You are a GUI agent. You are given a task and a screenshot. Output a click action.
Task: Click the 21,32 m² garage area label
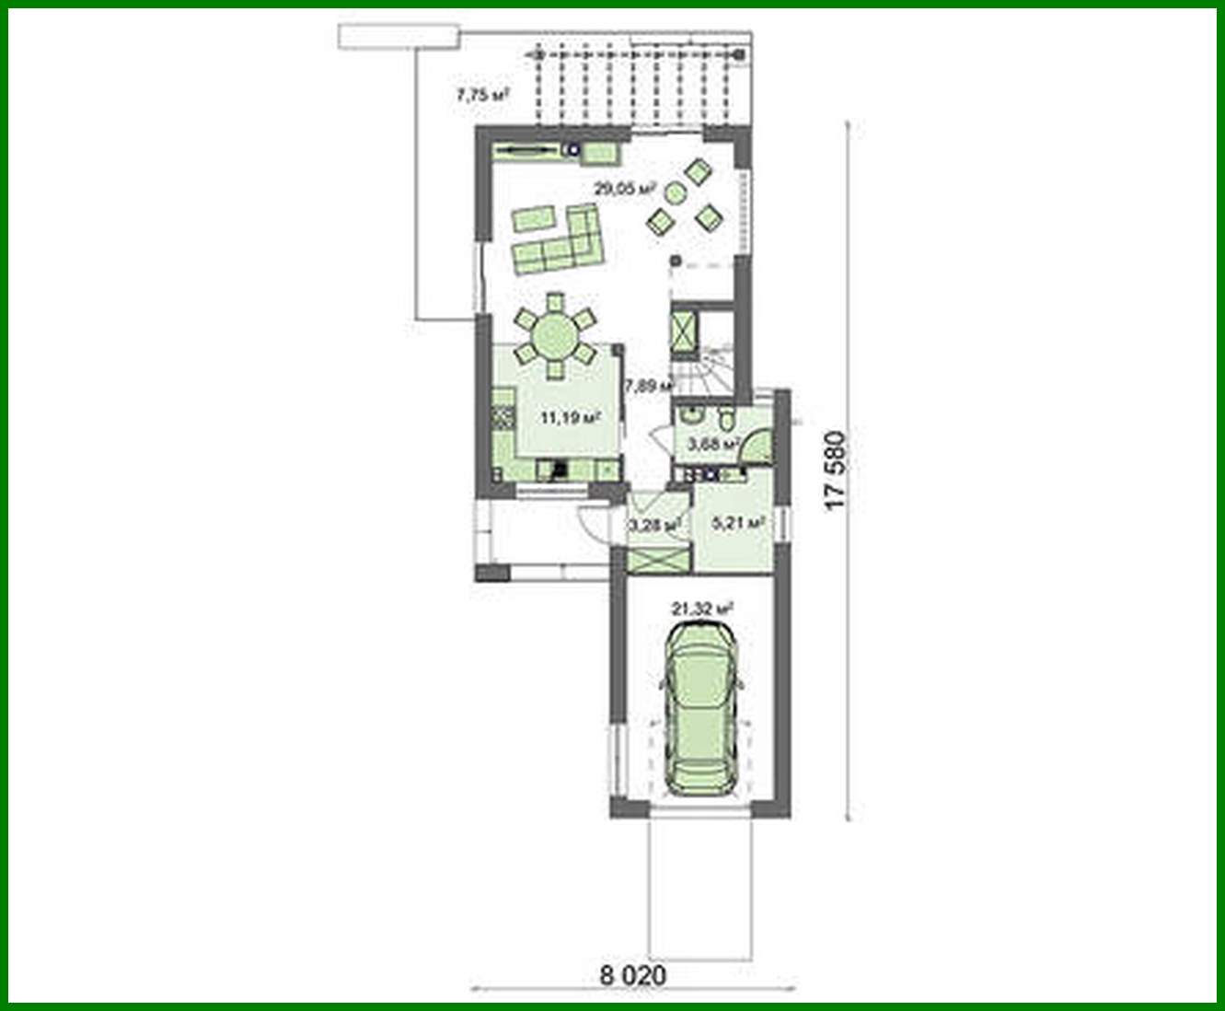click(702, 609)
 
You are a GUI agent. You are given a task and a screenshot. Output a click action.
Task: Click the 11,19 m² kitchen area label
click(570, 417)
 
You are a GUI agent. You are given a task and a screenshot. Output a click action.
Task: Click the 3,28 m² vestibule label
click(653, 525)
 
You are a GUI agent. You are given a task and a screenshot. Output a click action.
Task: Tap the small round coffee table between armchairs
click(676, 192)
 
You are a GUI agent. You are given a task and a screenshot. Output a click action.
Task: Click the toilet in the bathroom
click(726, 421)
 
